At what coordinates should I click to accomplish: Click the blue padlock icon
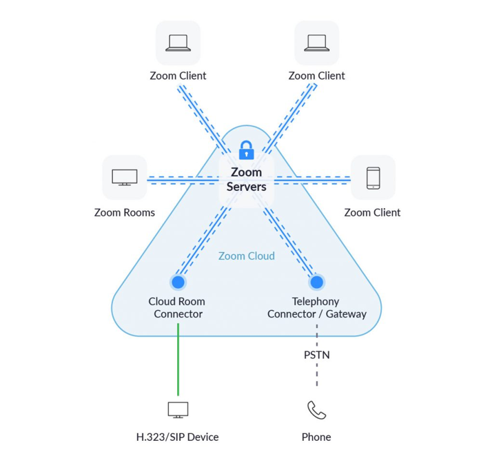click(246, 150)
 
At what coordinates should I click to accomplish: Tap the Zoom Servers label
click(246, 180)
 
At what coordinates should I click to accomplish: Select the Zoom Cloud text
click(246, 256)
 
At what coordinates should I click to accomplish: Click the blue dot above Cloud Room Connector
click(178, 282)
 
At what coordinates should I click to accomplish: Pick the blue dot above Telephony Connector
click(316, 282)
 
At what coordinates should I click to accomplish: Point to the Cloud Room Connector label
click(177, 307)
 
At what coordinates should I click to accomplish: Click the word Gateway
click(346, 314)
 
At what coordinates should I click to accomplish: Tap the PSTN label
click(316, 355)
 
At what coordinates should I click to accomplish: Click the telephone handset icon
click(316, 410)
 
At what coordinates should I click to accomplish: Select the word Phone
click(316, 437)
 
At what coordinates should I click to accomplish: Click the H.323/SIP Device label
click(177, 437)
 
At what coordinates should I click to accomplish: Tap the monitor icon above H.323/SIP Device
click(178, 410)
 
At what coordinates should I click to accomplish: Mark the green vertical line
click(178, 360)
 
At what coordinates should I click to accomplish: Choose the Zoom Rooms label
click(125, 213)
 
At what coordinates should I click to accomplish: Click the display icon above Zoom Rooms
click(125, 177)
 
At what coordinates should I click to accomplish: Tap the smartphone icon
click(373, 178)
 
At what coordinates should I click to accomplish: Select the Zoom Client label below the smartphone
click(373, 213)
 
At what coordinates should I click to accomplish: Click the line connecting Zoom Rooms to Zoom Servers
click(183, 180)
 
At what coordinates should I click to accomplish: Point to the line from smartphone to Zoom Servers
click(312, 180)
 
